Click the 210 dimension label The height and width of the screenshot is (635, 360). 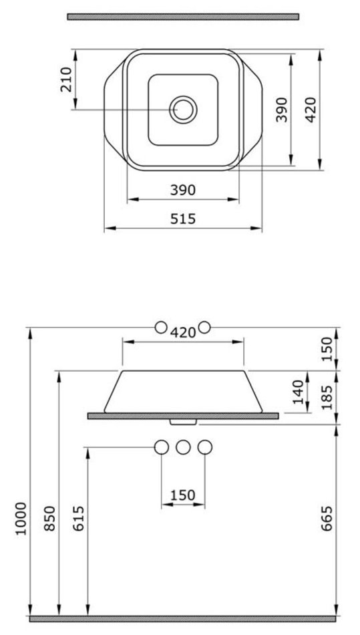tap(66, 80)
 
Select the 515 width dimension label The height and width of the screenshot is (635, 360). tap(183, 219)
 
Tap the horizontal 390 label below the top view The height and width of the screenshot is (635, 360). tap(183, 190)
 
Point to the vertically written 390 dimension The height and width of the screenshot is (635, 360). tap(282, 110)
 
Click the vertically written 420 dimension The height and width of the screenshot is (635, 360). tap(311, 110)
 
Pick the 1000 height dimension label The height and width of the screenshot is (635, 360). tap(21, 519)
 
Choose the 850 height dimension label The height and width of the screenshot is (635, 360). tap(49, 519)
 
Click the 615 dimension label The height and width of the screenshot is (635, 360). tap(77, 519)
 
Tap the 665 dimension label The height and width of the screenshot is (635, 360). tap(326, 519)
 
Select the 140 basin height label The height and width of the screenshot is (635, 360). tap(299, 392)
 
